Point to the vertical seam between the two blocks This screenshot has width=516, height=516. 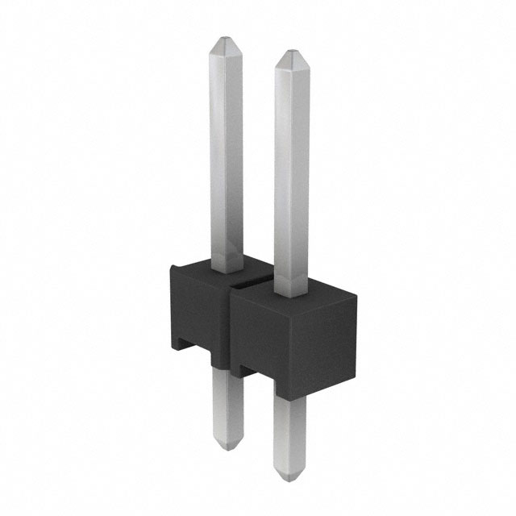[x=232, y=331]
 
